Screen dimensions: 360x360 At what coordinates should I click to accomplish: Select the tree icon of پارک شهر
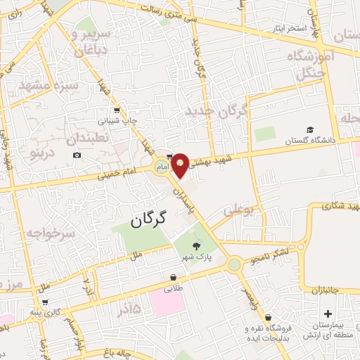click(x=196, y=244)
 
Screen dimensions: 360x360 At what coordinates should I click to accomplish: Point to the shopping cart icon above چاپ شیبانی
click(x=117, y=110)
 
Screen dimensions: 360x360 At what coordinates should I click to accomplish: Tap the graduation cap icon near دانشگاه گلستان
click(x=309, y=130)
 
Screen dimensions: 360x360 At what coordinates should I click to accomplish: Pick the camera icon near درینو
click(x=77, y=155)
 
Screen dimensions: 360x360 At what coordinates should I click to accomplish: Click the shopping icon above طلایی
click(x=173, y=277)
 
